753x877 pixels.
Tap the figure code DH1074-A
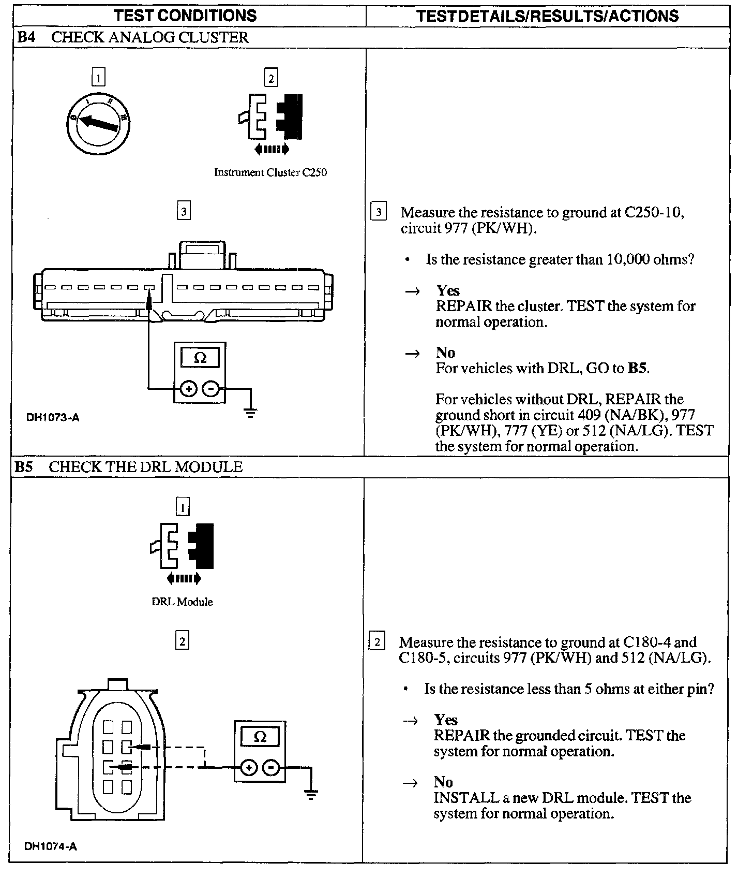tap(50, 847)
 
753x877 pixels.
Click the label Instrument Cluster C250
tap(270, 173)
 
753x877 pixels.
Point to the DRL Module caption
tap(182, 602)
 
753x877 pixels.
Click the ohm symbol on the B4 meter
tap(200, 358)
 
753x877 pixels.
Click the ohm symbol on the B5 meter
tap(260, 737)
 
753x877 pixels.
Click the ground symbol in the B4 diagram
tap(250, 413)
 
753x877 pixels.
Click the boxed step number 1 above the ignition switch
tap(98, 78)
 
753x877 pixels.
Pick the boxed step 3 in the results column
tap(379, 212)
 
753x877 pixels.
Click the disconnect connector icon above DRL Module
tap(182, 553)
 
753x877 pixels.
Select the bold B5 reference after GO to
tap(638, 368)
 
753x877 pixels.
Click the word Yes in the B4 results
tap(448, 290)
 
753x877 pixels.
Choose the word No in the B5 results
tap(443, 782)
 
